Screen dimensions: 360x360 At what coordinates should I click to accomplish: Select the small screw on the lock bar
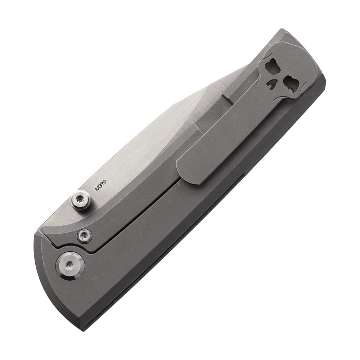pos(84,234)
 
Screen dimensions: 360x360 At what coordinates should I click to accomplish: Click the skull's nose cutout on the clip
pos(271,85)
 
